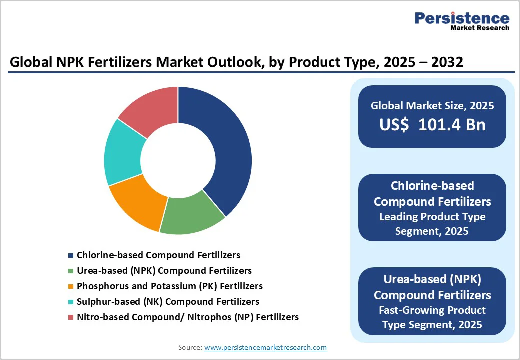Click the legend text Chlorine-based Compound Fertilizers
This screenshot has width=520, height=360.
click(x=158, y=255)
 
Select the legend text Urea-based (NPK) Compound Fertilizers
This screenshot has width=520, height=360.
click(x=164, y=271)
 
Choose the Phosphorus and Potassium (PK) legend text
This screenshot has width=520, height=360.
click(x=169, y=286)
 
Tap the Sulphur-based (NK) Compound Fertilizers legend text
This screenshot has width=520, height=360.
click(x=168, y=302)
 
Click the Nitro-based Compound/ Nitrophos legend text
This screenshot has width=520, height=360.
click(x=187, y=317)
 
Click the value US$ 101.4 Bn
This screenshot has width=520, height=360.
click(x=432, y=124)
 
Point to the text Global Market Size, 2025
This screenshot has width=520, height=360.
click(x=432, y=106)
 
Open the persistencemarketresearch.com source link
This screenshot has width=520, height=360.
click(x=265, y=347)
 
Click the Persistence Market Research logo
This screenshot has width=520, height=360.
click(x=462, y=21)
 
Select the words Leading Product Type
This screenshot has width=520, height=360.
click(x=432, y=217)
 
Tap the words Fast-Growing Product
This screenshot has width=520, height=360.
click(x=432, y=310)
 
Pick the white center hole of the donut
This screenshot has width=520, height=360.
click(x=178, y=160)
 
